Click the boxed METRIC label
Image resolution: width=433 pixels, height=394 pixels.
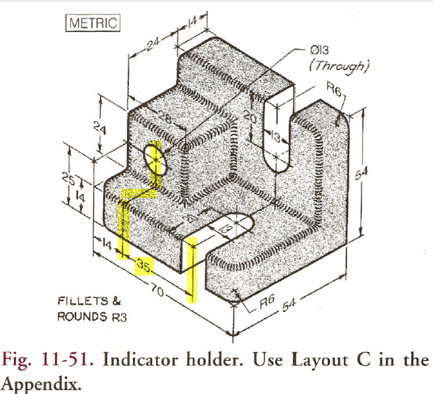click(x=92, y=23)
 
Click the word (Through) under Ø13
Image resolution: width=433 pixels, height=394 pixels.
click(x=338, y=66)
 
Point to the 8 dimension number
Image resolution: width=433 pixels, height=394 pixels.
click(x=192, y=217)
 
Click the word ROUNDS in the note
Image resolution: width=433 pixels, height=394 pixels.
click(x=80, y=316)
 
